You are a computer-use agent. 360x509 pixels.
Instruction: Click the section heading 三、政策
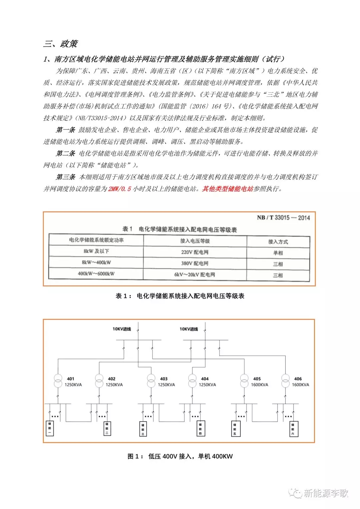click(x=60, y=44)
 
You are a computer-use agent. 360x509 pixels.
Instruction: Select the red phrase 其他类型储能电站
click(x=227, y=189)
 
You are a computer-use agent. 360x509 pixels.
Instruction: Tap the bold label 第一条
click(x=65, y=130)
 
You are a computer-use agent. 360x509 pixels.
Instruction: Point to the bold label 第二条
click(x=65, y=153)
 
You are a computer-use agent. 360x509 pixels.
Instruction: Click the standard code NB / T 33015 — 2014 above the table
click(x=283, y=218)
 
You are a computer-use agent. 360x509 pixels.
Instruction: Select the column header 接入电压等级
click(x=195, y=241)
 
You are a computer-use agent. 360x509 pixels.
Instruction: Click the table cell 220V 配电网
click(x=195, y=252)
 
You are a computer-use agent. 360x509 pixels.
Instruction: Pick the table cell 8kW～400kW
click(x=96, y=263)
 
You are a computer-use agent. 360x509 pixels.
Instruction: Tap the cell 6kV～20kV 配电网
click(x=195, y=275)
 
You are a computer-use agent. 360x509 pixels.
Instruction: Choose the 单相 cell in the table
click(x=278, y=253)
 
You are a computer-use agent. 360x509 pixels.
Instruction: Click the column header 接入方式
click(x=278, y=241)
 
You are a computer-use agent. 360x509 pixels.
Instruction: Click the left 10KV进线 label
click(x=122, y=329)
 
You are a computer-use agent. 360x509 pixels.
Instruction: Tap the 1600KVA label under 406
click(x=300, y=385)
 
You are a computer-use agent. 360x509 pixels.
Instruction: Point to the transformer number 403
click(x=163, y=379)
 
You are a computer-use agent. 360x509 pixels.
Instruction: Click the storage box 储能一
click(x=50, y=428)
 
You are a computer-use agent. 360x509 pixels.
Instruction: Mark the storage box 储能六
click(x=293, y=429)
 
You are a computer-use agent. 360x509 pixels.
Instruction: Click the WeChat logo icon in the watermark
click(x=296, y=493)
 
